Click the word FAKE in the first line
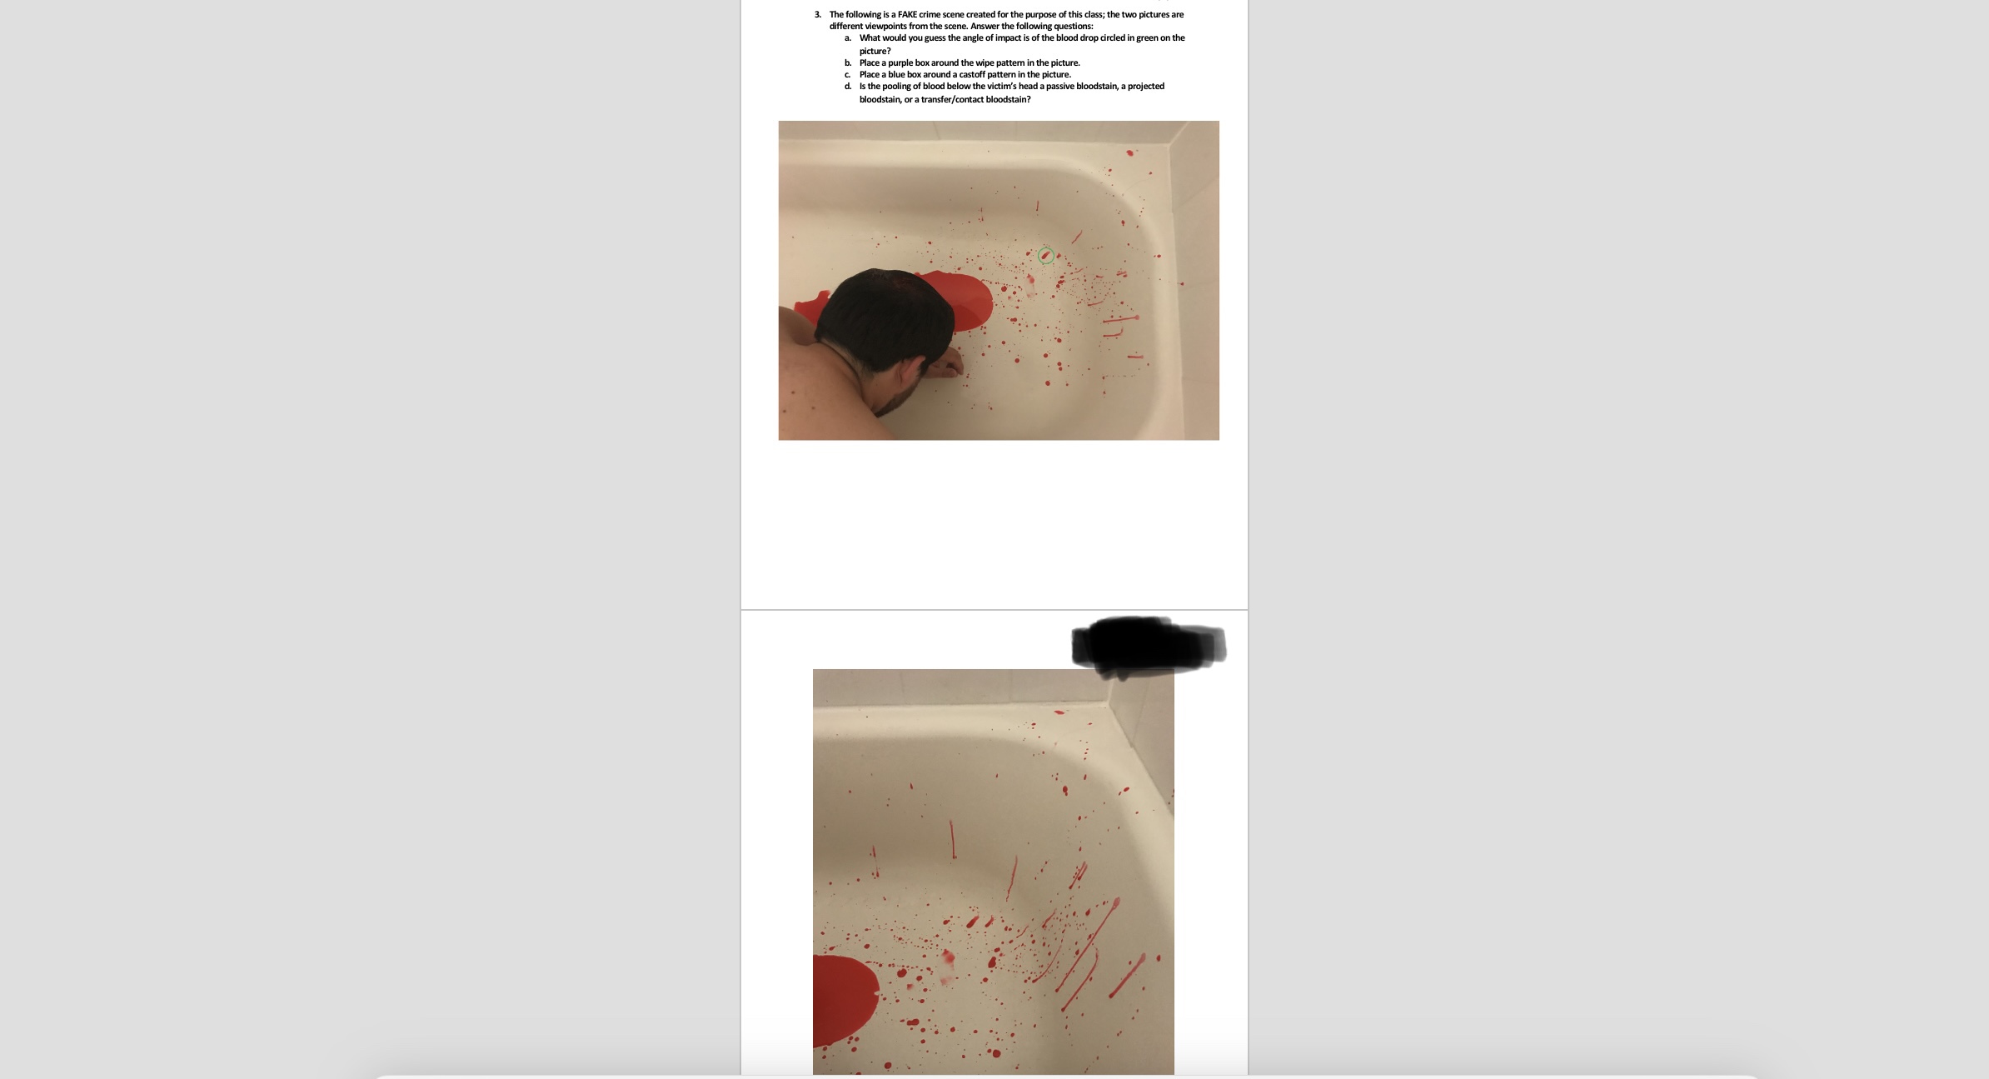(908, 14)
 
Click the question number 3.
(817, 14)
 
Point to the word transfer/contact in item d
(952, 99)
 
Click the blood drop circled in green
(1045, 256)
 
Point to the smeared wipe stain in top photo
(1031, 283)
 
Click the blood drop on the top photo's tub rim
(1130, 152)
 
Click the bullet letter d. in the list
(847, 86)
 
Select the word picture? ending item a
(875, 51)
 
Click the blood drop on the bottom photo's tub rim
(1059, 712)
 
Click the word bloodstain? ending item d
(1008, 99)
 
